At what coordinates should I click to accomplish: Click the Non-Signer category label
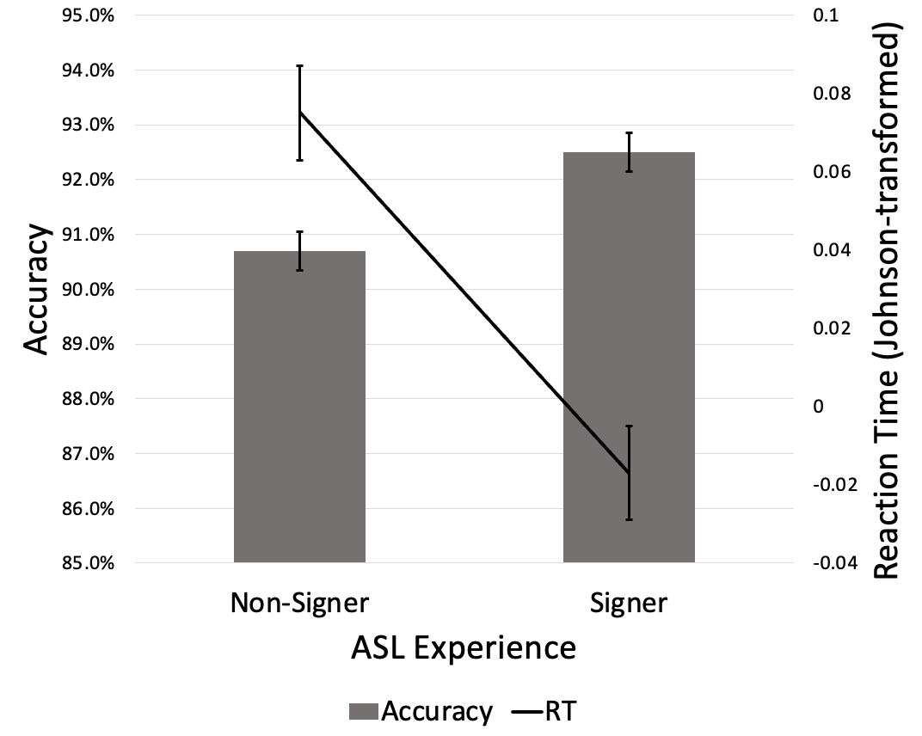(x=299, y=603)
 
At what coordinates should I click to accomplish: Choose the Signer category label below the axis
(x=629, y=603)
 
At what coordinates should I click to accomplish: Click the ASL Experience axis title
(x=464, y=647)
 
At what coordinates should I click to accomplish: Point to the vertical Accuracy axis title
(x=35, y=290)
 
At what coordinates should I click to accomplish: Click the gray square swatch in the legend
(x=363, y=712)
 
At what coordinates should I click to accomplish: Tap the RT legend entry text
(x=563, y=712)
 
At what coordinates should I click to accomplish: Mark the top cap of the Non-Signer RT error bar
(x=299, y=65)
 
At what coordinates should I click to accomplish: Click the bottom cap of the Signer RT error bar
(x=629, y=519)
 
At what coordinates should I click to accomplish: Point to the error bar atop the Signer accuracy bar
(x=629, y=152)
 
